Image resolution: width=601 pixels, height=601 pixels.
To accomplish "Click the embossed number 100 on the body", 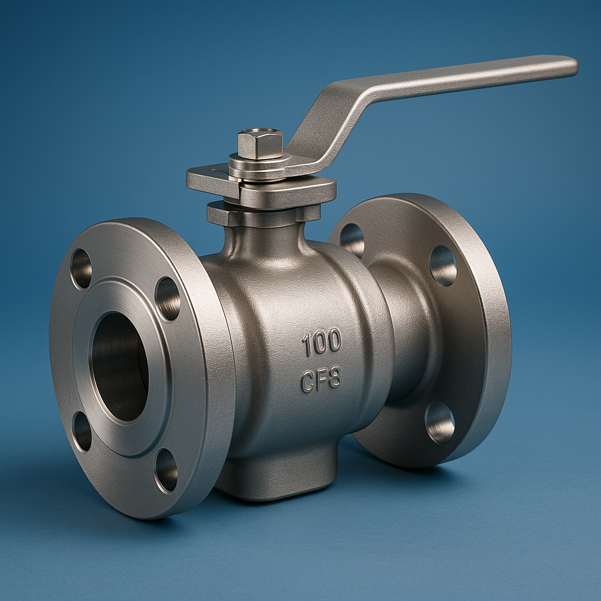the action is [x=321, y=342].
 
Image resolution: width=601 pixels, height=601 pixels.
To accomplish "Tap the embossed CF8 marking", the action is [x=321, y=380].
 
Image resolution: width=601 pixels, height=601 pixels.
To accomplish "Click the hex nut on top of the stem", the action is [x=260, y=144].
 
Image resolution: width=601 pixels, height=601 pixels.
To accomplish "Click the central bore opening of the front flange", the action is [x=120, y=367].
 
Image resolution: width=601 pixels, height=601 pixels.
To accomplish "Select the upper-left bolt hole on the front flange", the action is [x=81, y=268].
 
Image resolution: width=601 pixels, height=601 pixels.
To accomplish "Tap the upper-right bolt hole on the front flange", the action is [x=167, y=299].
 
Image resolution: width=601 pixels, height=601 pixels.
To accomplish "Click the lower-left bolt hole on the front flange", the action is [x=82, y=432].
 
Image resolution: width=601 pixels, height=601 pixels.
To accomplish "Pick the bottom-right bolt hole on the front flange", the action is [x=166, y=471].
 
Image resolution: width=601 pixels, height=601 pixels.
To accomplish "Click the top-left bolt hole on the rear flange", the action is [x=352, y=240].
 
